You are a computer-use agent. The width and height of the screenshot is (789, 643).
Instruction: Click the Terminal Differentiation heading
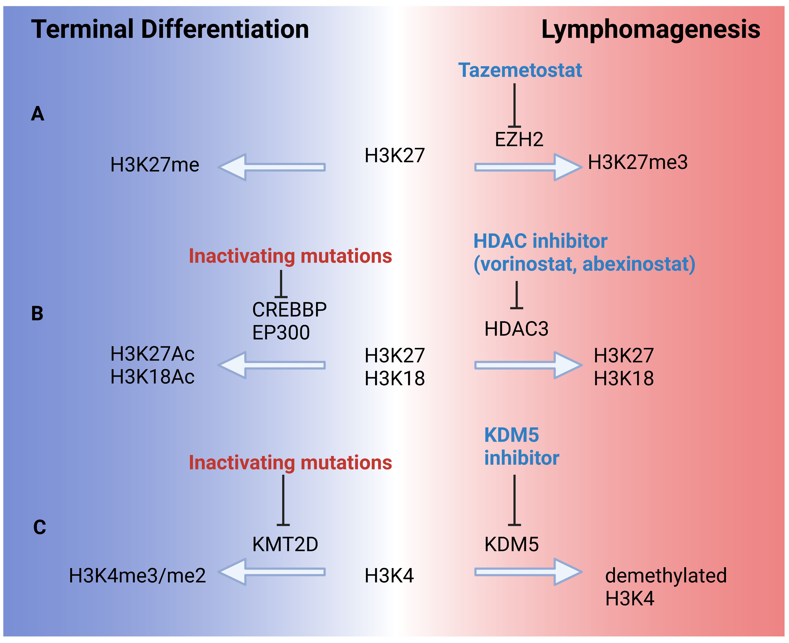[x=170, y=30]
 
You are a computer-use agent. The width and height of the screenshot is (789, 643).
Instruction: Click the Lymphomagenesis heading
[x=651, y=30]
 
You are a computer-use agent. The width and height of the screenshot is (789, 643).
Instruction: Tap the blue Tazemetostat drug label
[x=520, y=70]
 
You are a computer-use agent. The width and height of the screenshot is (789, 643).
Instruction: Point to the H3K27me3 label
[x=637, y=162]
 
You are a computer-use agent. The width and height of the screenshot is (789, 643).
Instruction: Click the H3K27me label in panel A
[x=155, y=165]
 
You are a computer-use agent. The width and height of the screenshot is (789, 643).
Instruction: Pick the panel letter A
[x=37, y=114]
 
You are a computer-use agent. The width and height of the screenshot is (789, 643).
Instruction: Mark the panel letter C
[x=40, y=527]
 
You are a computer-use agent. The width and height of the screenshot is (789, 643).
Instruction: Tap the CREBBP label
[x=289, y=310]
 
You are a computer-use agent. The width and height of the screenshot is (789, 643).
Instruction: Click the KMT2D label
[x=285, y=544]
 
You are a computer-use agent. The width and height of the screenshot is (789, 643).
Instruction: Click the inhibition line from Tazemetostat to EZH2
[x=514, y=106]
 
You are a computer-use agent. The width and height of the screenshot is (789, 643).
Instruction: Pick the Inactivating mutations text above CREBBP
[x=290, y=256]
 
